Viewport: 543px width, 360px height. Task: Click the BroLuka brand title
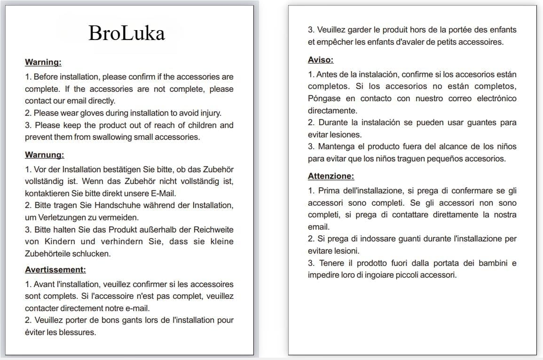tap(126, 33)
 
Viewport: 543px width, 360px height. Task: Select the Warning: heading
tap(43, 62)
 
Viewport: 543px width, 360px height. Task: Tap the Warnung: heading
tap(45, 155)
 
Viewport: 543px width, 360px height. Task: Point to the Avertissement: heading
tap(55, 270)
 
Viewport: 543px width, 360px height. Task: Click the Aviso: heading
tap(321, 60)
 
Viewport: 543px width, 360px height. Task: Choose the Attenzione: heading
tap(331, 176)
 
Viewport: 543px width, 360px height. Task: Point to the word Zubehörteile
tap(49, 253)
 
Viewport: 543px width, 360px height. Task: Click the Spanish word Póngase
tap(322, 98)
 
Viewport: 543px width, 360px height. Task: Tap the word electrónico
tap(495, 98)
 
